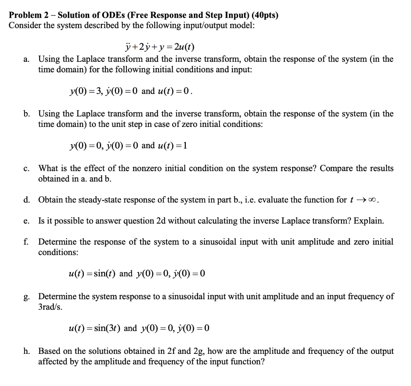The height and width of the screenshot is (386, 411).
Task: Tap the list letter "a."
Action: (26, 59)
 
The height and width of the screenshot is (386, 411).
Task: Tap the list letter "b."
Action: (26, 114)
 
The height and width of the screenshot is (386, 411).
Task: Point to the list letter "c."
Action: (26, 169)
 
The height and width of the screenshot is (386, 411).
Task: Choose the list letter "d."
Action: (26, 200)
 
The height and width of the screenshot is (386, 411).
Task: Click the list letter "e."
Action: (26, 221)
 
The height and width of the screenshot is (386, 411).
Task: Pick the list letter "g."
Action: (26, 297)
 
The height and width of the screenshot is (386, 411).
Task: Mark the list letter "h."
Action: (26, 351)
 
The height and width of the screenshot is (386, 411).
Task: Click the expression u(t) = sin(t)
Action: (93, 274)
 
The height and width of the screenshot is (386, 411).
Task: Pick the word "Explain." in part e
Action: (370, 221)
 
